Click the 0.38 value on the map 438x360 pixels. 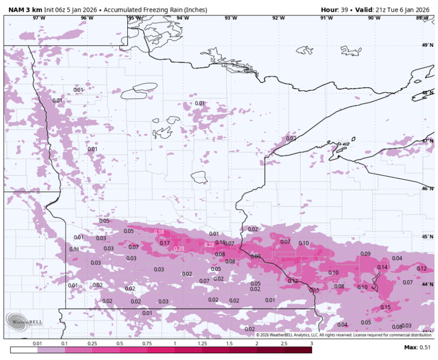pos(159,232)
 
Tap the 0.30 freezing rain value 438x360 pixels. pos(179,249)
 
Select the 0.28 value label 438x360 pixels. pos(209,245)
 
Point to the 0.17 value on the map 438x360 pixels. pos(165,244)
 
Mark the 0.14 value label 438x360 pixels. pos(382,267)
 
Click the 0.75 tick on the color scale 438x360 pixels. pos(147,344)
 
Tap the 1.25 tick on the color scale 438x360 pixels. pos(202,344)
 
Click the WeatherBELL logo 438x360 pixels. pos(20,322)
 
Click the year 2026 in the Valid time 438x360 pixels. pos(420,10)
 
